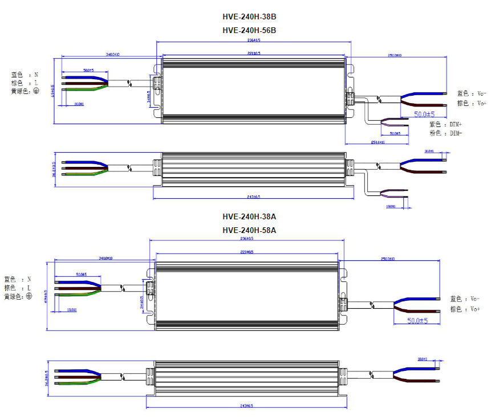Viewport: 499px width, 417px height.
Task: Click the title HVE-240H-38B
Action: pyautogui.click(x=249, y=17)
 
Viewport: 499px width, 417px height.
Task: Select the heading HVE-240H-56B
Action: pyautogui.click(x=249, y=30)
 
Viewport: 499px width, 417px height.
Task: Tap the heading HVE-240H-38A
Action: pyautogui.click(x=249, y=217)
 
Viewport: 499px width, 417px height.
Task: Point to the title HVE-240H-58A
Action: pyautogui.click(x=249, y=230)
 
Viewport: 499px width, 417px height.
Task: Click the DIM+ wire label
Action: pyautogui.click(x=456, y=124)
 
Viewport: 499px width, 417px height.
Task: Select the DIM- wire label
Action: pyautogui.click(x=455, y=133)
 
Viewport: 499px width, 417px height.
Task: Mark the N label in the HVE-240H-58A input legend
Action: pyautogui.click(x=29, y=280)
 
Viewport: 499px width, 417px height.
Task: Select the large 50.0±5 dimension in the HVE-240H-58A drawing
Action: pyautogui.click(x=418, y=321)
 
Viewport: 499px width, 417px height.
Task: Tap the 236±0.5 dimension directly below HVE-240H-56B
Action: pyautogui.click(x=253, y=40)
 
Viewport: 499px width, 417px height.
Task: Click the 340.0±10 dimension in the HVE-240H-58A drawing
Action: pyautogui.click(x=105, y=258)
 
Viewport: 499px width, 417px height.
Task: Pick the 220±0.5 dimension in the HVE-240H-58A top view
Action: pyautogui.click(x=249, y=251)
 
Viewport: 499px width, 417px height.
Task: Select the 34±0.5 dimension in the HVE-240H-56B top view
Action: pyautogui.click(x=149, y=96)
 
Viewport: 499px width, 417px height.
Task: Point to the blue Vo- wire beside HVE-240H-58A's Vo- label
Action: pyautogui.click(x=419, y=299)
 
